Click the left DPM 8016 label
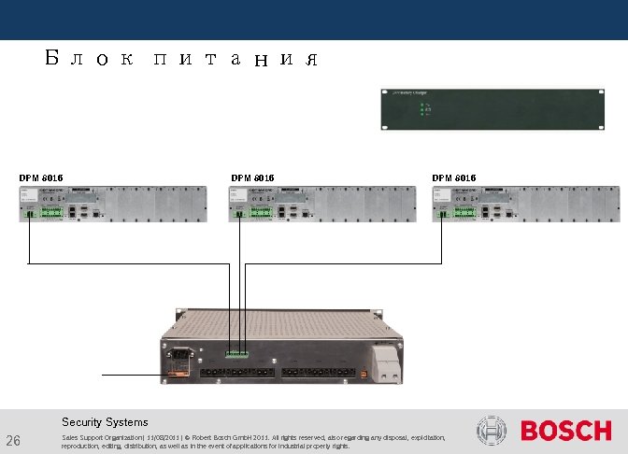(42, 177)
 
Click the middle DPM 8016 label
(252, 177)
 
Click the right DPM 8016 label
(454, 177)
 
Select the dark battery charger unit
(491, 109)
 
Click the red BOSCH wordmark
(565, 432)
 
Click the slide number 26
(13, 440)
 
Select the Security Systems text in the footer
(105, 422)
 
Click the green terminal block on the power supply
(235, 354)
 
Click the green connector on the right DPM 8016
(464, 212)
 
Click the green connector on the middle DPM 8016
(263, 212)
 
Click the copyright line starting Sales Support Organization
(252, 441)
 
